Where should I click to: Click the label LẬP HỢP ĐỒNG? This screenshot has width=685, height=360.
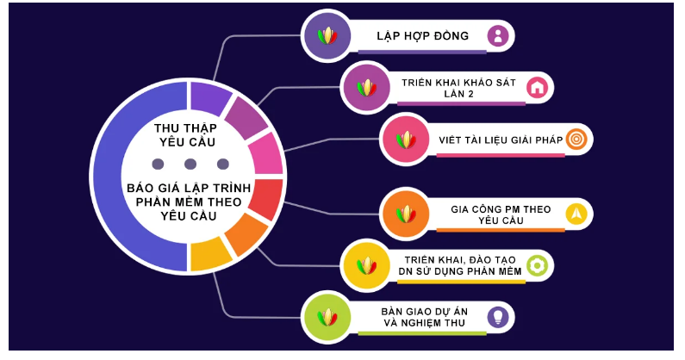tap(422, 36)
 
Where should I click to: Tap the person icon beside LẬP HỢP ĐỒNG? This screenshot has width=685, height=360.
tap(498, 36)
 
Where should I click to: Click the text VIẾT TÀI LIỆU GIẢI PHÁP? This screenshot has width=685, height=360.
tap(499, 140)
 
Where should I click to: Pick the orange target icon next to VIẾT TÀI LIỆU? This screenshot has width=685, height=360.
tap(577, 139)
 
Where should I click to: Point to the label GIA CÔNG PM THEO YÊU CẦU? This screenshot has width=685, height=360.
tap(500, 214)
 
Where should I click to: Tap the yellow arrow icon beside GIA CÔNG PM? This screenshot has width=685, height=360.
tap(576, 212)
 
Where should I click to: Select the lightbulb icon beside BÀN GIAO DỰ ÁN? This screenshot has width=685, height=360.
tap(498, 316)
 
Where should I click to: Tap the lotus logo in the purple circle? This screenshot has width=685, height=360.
tap(327, 36)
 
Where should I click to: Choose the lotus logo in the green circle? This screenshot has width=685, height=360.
tap(327, 316)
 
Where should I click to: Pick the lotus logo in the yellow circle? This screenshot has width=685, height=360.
tap(368, 264)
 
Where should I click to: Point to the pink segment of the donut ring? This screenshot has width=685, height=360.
tap(265, 153)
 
